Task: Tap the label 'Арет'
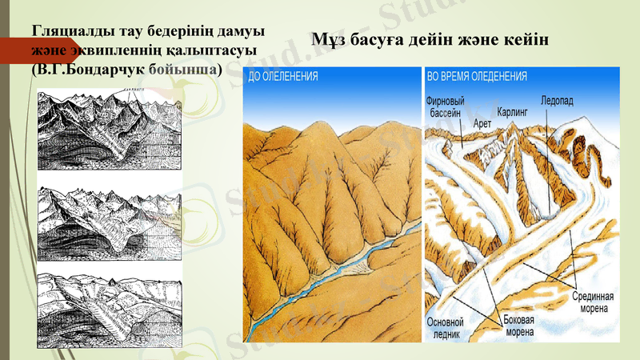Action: coord(482,124)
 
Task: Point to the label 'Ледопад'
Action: coord(557,102)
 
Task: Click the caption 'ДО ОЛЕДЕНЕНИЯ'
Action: coord(284,77)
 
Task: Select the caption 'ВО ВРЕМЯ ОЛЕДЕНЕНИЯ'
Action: coord(478,77)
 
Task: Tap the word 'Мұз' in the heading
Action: coord(329,39)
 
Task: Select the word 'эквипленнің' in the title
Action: coord(114,50)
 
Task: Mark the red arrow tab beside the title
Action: coord(16,50)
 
